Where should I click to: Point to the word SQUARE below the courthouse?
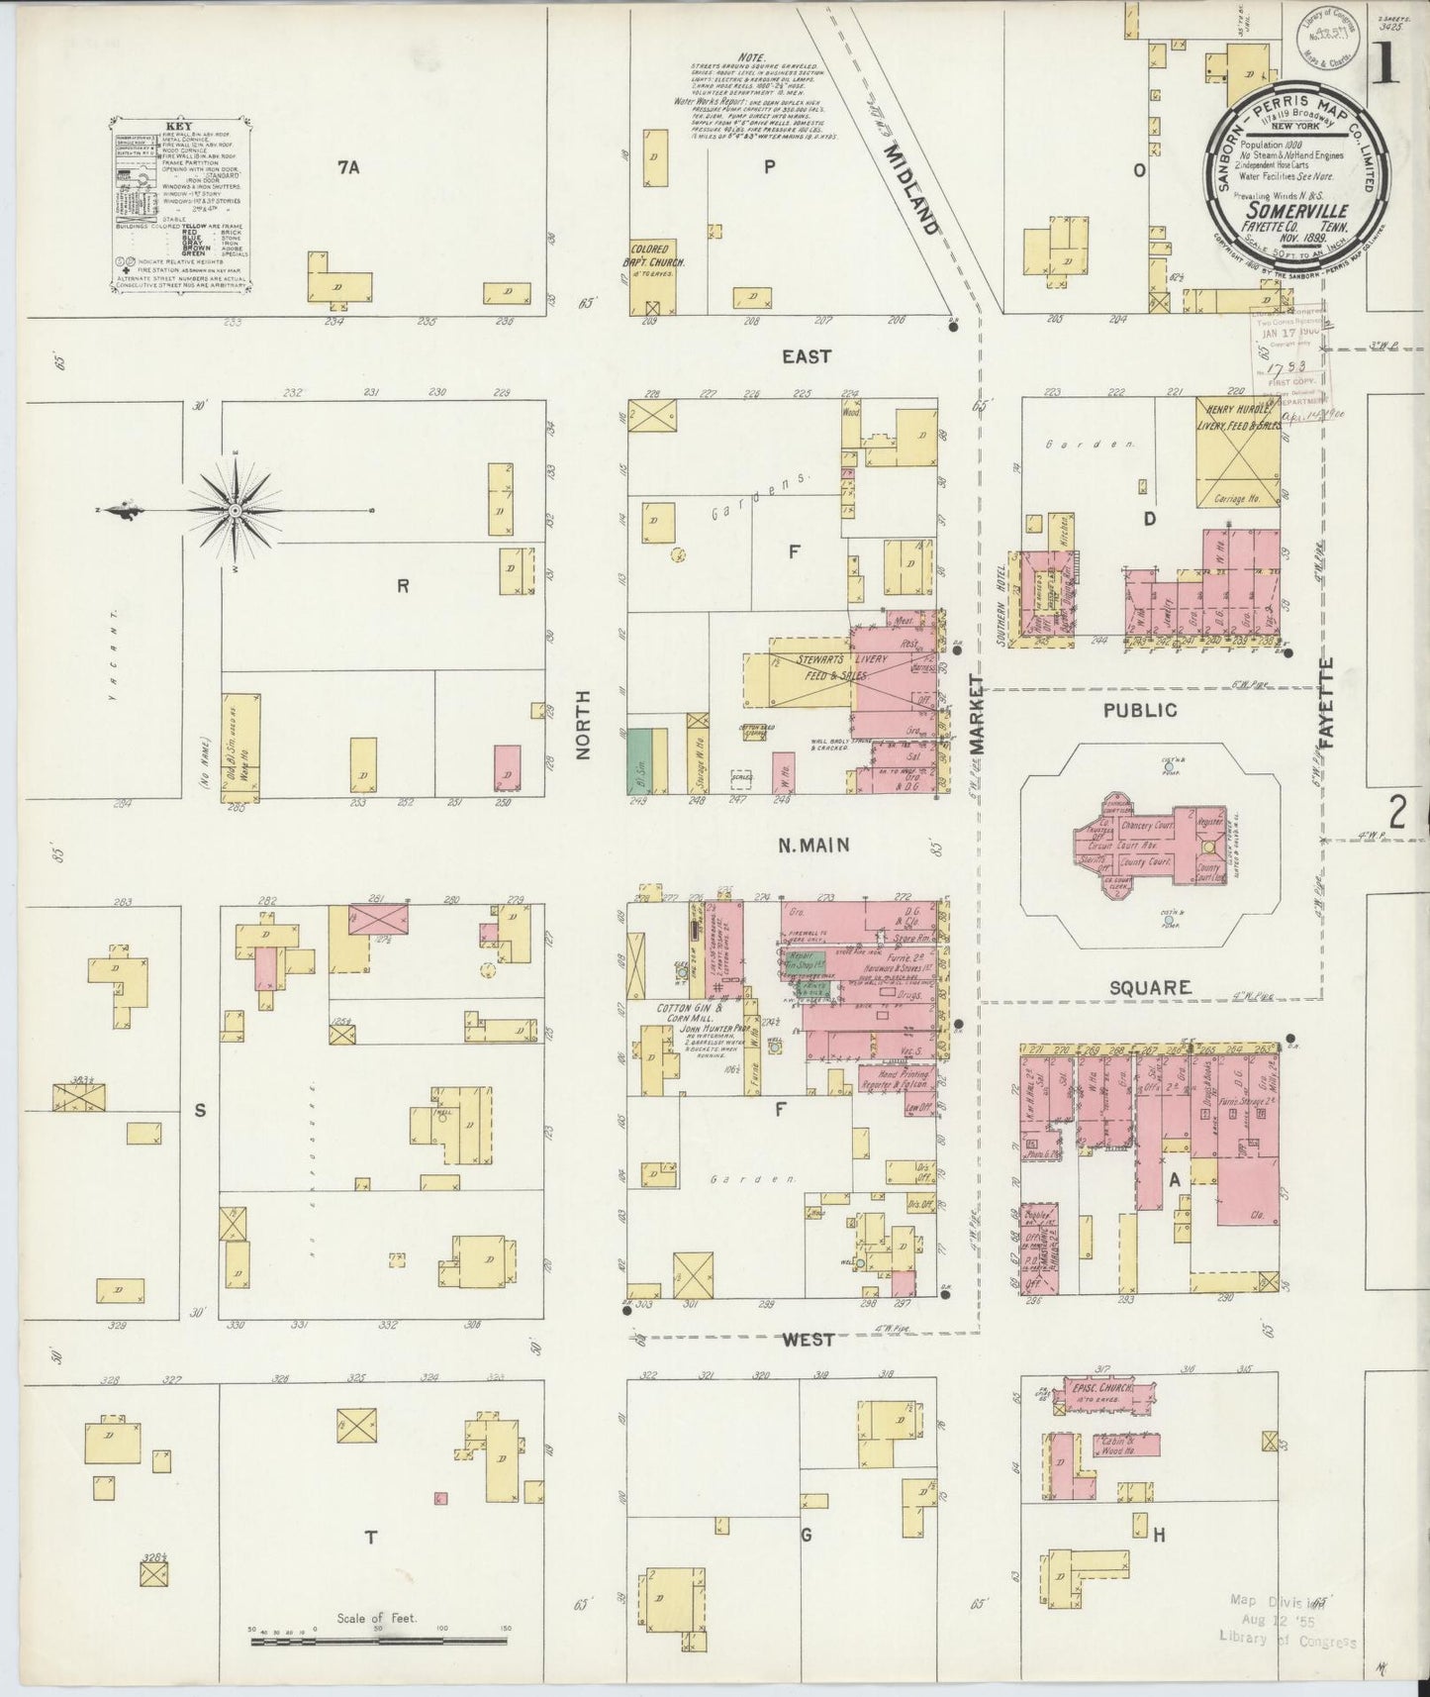(1149, 987)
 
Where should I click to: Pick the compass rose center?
(235, 510)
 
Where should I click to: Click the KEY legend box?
(179, 205)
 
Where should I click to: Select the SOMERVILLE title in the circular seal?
(1286, 210)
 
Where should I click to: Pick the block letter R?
(403, 586)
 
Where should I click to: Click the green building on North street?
(639, 759)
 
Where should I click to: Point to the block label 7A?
(347, 168)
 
